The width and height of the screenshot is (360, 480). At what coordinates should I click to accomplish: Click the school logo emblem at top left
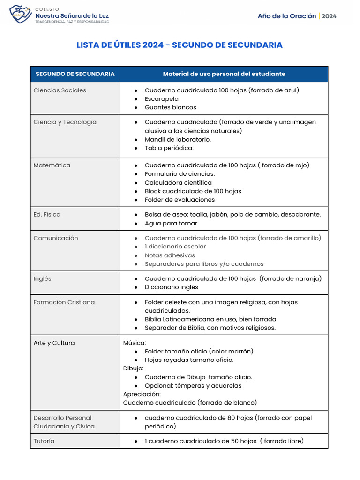21,14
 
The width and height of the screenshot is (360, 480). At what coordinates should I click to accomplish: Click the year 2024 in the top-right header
329,16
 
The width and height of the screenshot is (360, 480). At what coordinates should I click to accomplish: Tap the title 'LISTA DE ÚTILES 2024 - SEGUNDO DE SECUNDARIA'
180,45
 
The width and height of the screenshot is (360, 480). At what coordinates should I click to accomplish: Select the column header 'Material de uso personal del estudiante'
224,74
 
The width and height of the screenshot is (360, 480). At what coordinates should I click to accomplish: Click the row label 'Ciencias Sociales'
60,90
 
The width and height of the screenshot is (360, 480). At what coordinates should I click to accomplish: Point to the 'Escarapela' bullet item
161,99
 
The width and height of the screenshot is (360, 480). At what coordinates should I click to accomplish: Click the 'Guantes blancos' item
170,107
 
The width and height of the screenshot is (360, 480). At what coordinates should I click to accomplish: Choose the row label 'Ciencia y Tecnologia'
65,122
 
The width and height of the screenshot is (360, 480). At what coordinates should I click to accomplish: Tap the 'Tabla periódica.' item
169,148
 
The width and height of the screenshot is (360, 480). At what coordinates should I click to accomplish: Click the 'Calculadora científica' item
178,183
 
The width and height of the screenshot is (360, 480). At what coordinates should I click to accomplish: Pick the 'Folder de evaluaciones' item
180,200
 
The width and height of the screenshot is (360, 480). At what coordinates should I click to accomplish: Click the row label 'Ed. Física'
47,215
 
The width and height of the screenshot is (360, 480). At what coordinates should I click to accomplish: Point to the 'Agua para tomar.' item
172,224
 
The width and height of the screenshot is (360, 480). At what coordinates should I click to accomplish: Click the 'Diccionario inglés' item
171,287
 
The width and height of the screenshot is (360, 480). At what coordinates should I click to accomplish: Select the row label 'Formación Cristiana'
64,302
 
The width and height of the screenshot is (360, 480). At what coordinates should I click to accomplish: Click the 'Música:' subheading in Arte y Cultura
135,343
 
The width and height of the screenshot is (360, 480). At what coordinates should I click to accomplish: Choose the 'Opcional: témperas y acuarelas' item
193,386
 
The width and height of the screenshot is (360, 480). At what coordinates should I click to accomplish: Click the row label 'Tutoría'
44,441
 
